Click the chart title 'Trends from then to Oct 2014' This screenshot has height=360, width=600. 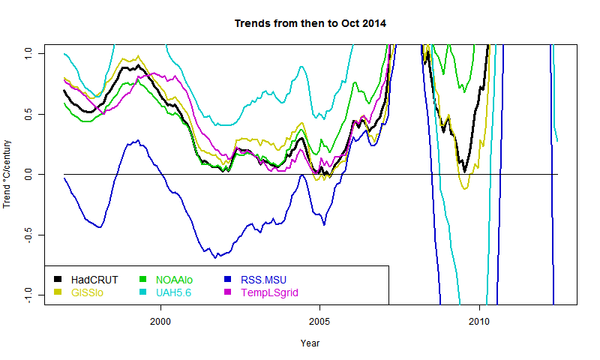point(310,23)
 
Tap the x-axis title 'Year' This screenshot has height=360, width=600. point(310,343)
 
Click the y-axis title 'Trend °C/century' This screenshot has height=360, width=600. point(8,174)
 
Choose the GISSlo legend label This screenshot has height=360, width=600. point(89,292)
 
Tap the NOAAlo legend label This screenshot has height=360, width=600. point(174,280)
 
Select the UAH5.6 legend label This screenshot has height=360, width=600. point(173,292)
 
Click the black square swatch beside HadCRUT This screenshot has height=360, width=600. point(58,280)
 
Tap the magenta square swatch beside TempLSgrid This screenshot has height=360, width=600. point(227,292)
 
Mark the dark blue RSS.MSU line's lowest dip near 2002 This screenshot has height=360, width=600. point(215,257)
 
